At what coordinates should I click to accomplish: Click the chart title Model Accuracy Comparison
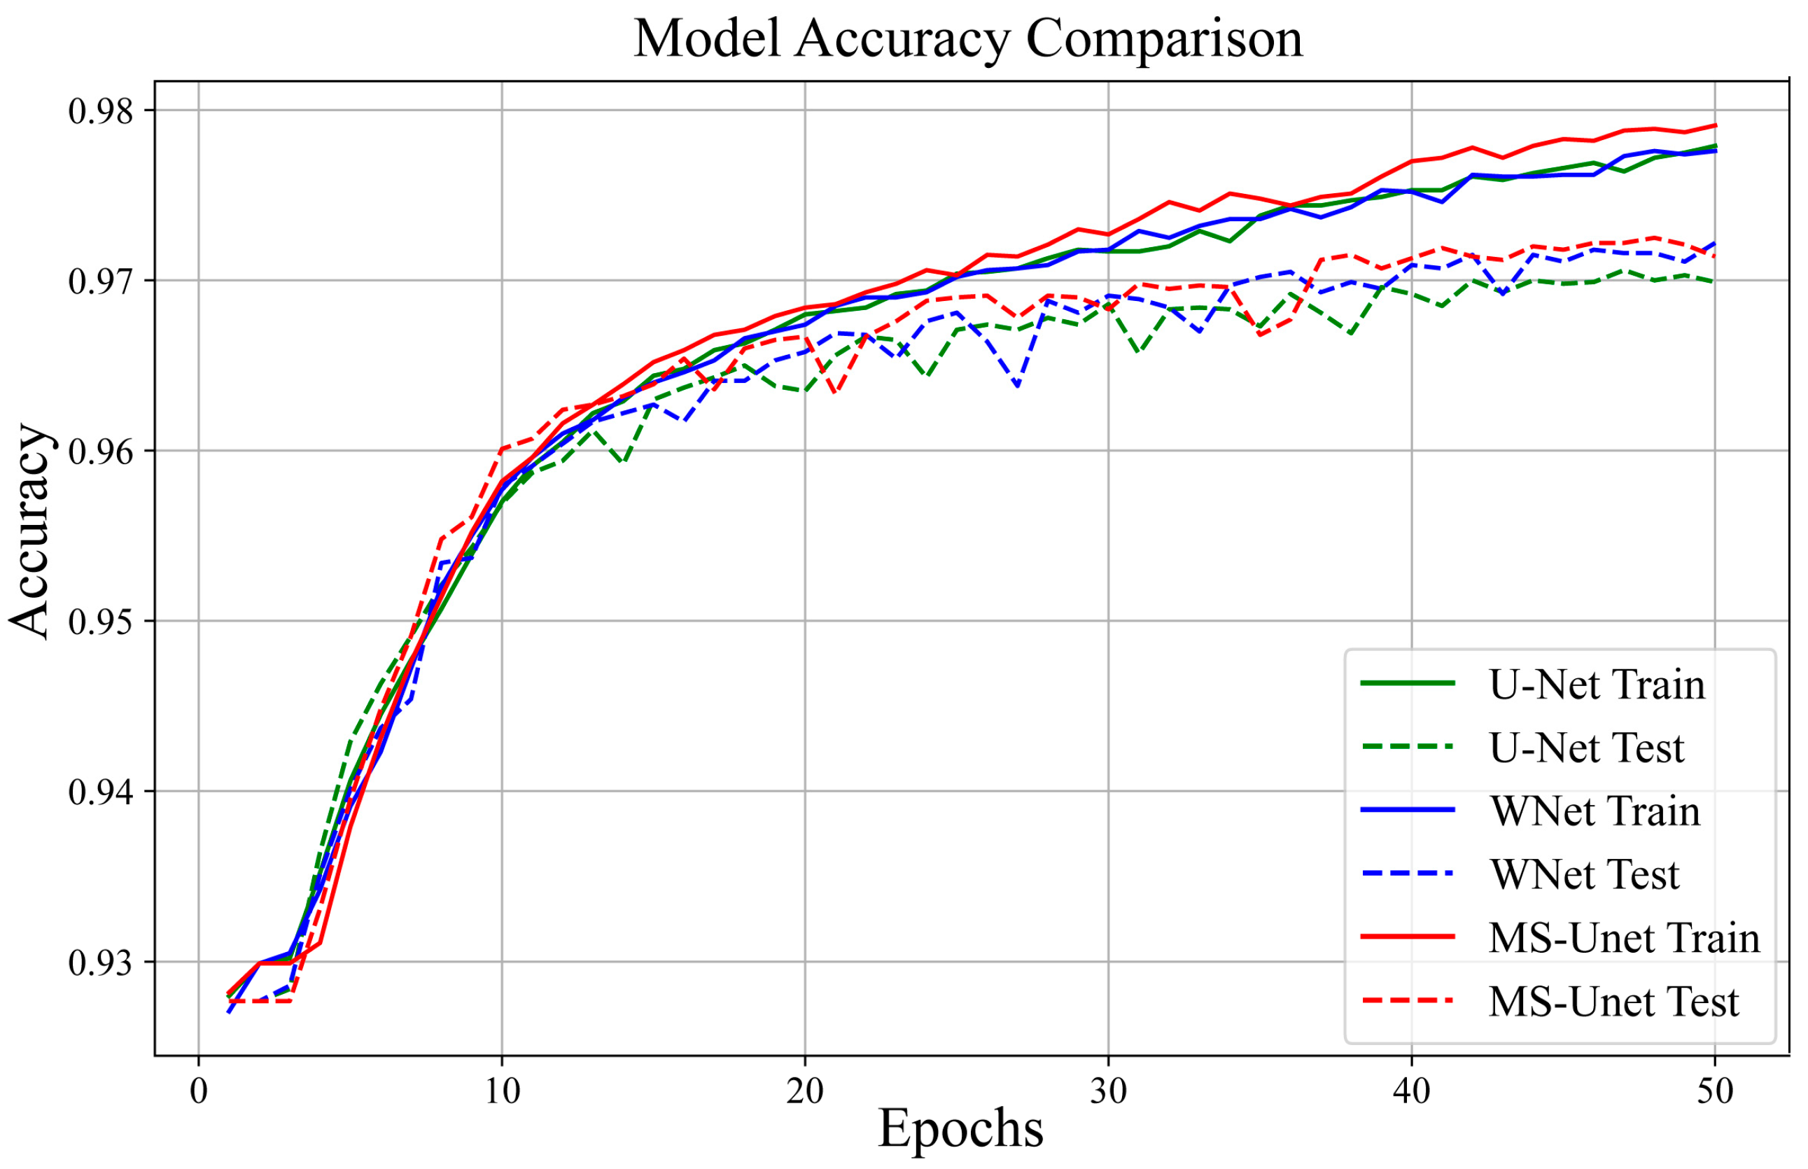pos(968,38)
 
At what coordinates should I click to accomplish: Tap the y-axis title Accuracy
pos(30,531)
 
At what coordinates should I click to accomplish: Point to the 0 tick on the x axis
pos(199,1091)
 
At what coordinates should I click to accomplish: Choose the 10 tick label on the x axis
pos(502,1091)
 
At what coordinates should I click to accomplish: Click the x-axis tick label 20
pos(804,1091)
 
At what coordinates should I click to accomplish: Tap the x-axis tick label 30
pos(1108,1091)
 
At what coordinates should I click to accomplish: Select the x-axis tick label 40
pos(1412,1091)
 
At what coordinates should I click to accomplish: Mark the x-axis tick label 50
pos(1715,1091)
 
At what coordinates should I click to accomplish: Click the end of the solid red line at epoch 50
pos(1715,125)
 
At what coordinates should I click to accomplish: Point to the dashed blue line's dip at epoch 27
pos(1017,386)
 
